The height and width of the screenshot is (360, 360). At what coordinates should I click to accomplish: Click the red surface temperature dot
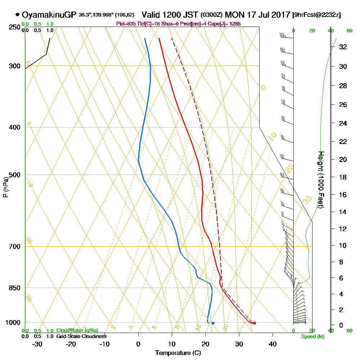[255, 323]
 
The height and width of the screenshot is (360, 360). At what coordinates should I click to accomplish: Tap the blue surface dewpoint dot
[213, 323]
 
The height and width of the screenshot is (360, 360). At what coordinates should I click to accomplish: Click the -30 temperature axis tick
[37, 344]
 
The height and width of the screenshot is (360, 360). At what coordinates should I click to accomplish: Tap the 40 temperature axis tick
[273, 344]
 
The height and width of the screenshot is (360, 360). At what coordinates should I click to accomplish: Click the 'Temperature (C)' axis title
[178, 353]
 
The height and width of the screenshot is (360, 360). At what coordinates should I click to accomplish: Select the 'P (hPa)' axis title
[6, 187]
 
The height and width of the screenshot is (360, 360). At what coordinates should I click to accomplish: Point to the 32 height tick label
[343, 47]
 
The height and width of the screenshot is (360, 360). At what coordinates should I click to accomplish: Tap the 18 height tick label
[343, 177]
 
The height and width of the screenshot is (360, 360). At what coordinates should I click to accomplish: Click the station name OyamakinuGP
[49, 15]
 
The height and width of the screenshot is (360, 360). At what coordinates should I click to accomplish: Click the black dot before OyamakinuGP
[17, 15]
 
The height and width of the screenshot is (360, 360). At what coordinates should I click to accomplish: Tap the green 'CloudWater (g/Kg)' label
[77, 330]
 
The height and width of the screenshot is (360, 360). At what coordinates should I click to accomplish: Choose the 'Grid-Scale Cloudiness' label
[81, 336]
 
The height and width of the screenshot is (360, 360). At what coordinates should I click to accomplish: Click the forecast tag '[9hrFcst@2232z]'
[317, 15]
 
